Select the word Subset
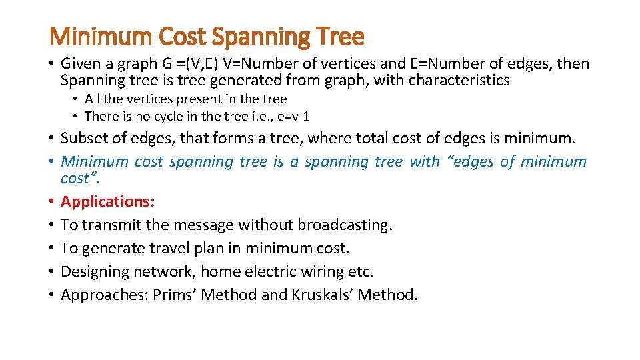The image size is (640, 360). [83, 138]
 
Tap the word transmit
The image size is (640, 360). [107, 225]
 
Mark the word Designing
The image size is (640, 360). [95, 271]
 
